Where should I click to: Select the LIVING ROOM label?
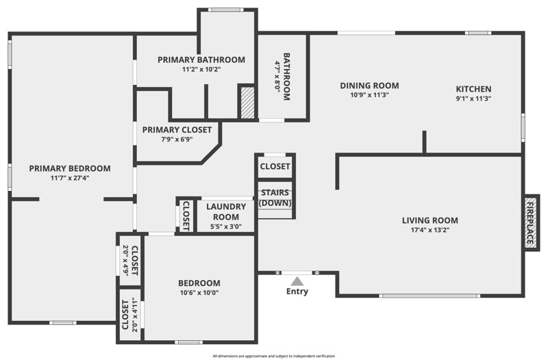click(x=429, y=220)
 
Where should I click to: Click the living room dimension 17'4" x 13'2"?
click(x=429, y=231)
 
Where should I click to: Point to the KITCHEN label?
click(x=473, y=89)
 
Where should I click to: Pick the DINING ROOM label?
click(x=369, y=86)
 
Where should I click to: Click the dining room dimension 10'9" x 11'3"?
click(x=369, y=95)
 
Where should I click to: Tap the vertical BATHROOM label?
click(x=287, y=77)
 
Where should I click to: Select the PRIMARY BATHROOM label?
click(x=201, y=60)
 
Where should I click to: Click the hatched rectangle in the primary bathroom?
click(x=247, y=103)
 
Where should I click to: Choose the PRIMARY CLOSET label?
click(x=177, y=129)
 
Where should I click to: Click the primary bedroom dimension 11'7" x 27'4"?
click(x=70, y=178)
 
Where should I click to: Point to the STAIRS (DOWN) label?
click(x=275, y=198)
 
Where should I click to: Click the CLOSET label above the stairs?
click(x=275, y=166)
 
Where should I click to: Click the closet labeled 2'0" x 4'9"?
click(x=129, y=260)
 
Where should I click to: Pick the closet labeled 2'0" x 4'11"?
click(x=129, y=315)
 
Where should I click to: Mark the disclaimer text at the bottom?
click(x=273, y=356)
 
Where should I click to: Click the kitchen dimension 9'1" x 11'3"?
click(x=473, y=99)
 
